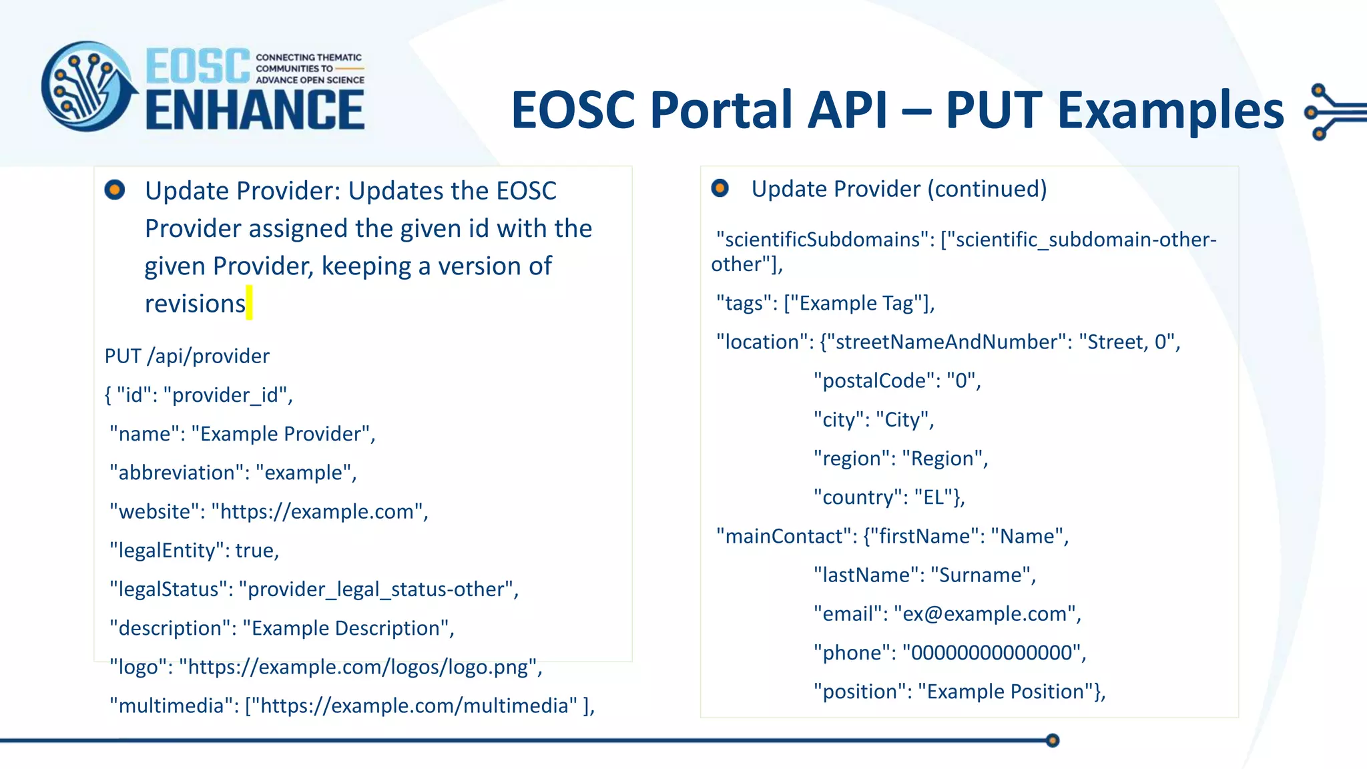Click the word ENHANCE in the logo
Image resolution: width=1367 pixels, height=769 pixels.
click(255, 110)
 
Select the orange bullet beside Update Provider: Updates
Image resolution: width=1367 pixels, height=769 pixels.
click(115, 190)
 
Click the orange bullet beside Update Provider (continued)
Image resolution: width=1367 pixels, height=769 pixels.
click(720, 188)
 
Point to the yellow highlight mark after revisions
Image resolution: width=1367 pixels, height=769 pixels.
click(250, 303)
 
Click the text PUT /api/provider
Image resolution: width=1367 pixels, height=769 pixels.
click(187, 356)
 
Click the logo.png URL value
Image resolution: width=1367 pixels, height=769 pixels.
click(359, 667)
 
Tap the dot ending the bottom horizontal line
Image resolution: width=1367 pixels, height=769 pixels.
click(1053, 740)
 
